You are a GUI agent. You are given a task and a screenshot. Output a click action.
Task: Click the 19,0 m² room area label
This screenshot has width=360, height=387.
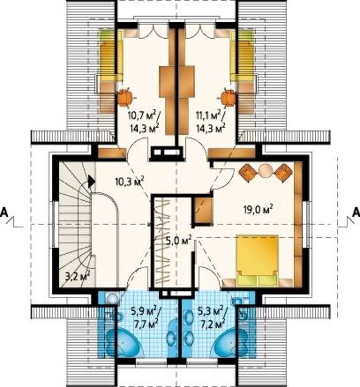point(258,210)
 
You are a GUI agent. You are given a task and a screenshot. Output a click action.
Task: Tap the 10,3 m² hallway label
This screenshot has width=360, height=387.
point(129,182)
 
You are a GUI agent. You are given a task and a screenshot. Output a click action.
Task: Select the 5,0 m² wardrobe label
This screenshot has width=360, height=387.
point(179,240)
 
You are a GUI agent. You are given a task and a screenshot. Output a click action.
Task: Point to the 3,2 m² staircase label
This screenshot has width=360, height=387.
point(77,276)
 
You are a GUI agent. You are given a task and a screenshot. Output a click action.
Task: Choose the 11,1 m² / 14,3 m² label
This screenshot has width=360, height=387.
point(211,122)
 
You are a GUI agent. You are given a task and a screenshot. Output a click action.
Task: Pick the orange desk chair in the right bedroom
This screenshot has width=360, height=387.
point(228,97)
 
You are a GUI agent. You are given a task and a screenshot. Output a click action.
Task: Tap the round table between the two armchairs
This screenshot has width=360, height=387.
point(265,170)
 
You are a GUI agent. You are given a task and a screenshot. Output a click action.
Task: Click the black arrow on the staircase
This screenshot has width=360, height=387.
point(91,182)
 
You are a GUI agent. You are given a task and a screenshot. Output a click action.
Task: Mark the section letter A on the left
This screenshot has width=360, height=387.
point(4,212)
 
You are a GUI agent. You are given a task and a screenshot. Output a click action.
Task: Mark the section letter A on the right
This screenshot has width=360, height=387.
point(356,212)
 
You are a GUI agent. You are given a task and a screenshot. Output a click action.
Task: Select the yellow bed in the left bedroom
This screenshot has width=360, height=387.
point(111,55)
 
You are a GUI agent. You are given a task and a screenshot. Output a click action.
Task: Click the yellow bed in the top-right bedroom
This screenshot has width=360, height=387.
point(242,55)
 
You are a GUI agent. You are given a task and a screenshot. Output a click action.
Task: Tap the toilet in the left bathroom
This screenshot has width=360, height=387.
point(113,299)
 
